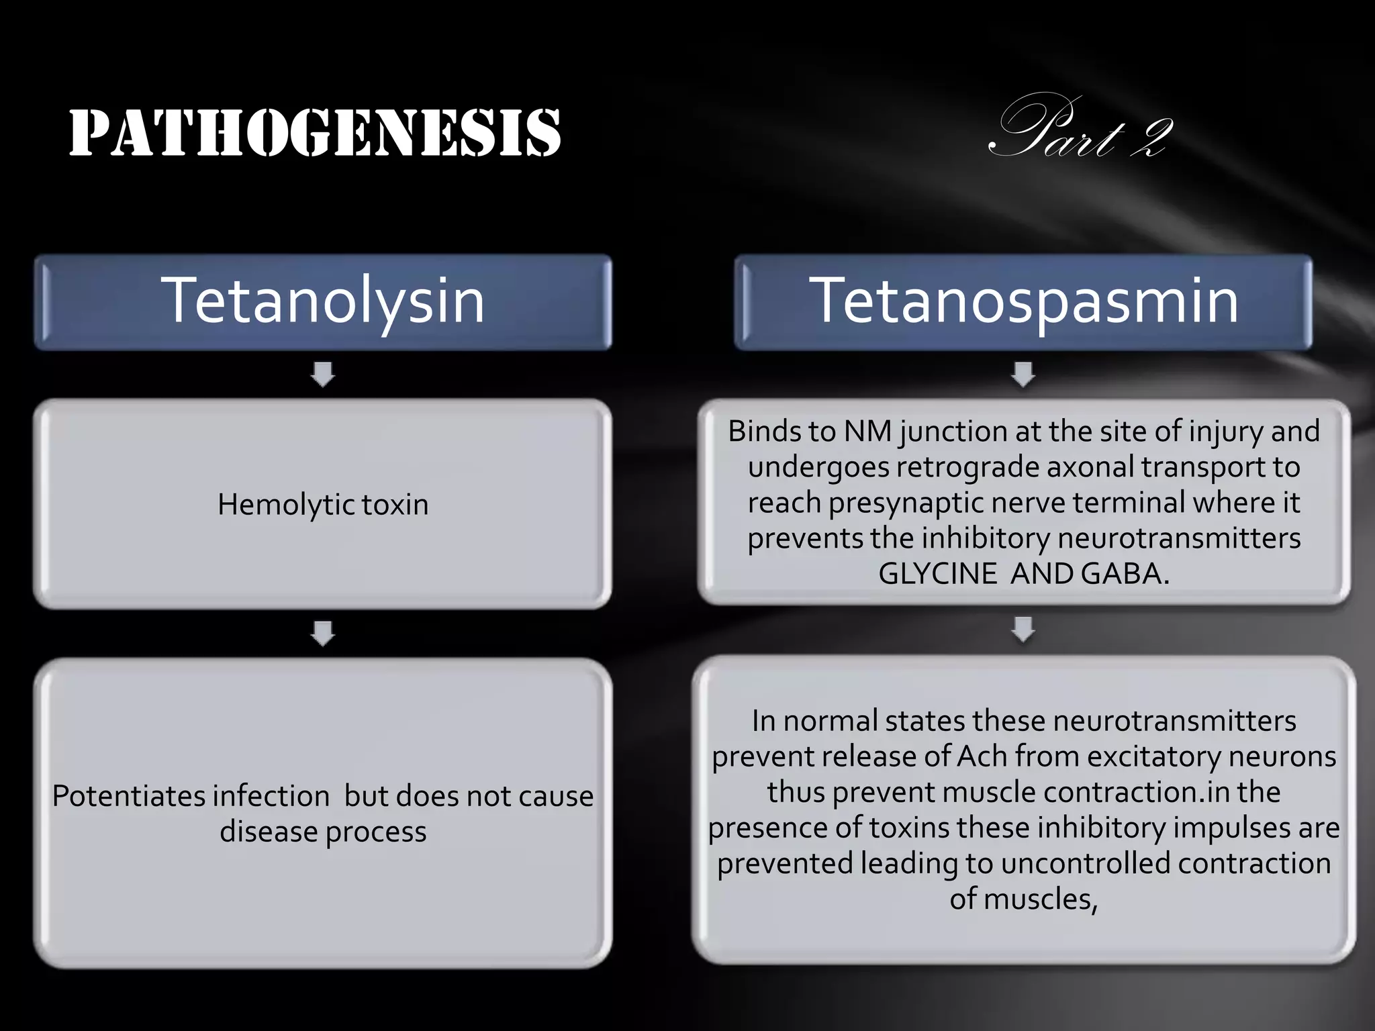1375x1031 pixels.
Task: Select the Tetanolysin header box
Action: coord(322,301)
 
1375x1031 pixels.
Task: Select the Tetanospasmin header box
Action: coord(1023,301)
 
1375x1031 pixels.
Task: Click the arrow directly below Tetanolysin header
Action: coord(323,375)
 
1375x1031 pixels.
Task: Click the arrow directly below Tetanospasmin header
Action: coord(1023,375)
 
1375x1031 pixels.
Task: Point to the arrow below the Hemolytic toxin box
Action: coord(323,633)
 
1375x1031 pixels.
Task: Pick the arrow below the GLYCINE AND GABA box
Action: coord(1023,630)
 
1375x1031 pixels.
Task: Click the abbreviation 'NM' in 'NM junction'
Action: coord(867,432)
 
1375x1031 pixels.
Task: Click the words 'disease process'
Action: coord(323,832)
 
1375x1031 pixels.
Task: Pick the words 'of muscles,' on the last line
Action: coord(1023,899)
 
